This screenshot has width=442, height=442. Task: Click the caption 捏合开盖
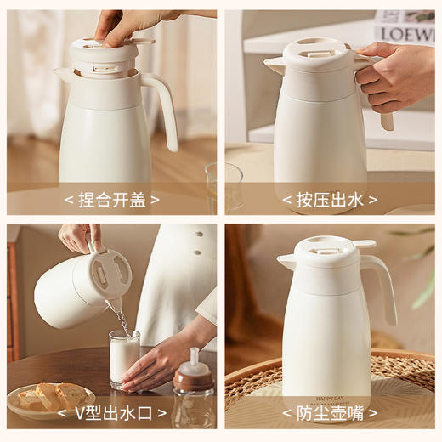(111, 200)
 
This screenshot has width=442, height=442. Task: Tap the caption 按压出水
(330, 200)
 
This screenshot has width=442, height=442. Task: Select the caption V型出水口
(111, 416)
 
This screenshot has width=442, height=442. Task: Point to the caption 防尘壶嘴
(330, 416)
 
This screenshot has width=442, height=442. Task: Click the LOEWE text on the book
(405, 34)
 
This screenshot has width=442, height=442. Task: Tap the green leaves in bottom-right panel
(422, 272)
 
